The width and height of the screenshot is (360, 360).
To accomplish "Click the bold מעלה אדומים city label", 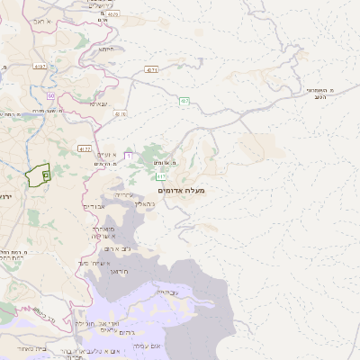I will [x=181, y=191].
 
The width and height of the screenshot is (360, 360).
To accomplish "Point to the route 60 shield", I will [x=50, y=95].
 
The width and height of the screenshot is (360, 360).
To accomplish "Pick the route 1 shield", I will [x=128, y=157].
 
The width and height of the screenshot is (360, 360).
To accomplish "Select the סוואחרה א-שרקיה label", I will [x=100, y=234].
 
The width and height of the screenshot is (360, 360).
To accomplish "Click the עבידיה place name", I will [x=167, y=292].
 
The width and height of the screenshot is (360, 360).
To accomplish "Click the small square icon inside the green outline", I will [x=46, y=175].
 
